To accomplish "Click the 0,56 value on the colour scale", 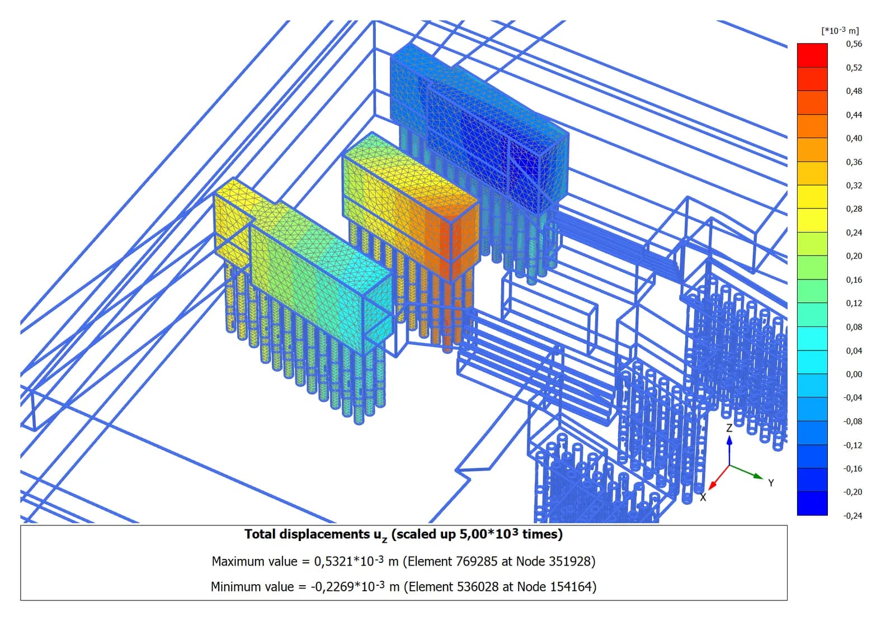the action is click(854, 44).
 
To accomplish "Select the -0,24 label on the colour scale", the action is click(852, 515).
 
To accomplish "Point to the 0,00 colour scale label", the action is click(854, 374).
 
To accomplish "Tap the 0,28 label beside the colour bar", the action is click(854, 209).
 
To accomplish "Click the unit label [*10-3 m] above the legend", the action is click(840, 30).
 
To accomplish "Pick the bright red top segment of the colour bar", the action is click(812, 55).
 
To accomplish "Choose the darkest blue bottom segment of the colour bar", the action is click(812, 503).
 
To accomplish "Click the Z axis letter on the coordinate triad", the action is click(729, 428).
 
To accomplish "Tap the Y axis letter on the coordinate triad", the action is click(771, 483).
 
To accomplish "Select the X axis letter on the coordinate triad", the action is click(703, 497).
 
